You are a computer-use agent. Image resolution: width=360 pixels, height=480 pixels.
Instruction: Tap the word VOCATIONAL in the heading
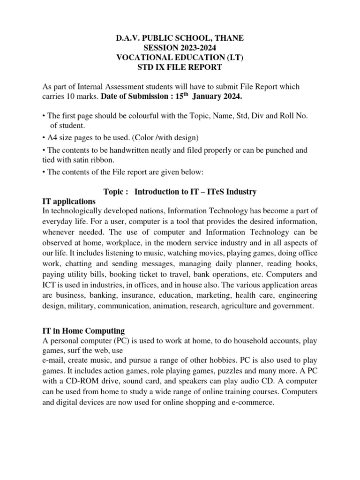pos(141,57)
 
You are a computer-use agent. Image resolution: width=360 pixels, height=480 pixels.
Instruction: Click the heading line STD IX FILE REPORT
pos(180,67)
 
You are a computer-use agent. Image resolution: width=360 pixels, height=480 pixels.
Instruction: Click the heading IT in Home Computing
pos(83,331)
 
